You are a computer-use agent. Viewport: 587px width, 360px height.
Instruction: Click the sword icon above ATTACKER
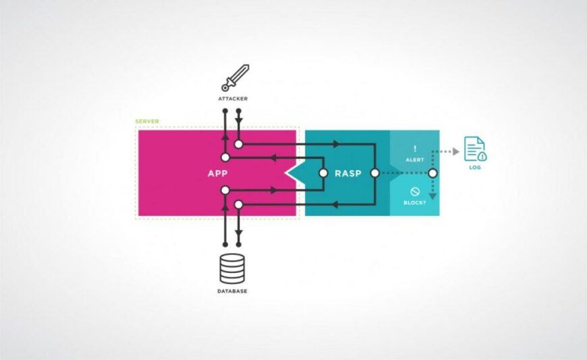coord(235,78)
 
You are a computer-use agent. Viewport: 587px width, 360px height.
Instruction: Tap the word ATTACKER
coord(232,98)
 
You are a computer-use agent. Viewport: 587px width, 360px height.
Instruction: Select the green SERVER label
coord(147,121)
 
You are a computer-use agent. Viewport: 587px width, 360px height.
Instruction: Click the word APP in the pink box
coord(217,173)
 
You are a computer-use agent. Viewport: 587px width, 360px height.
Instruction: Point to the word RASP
coord(348,173)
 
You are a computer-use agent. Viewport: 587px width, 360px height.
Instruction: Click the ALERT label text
coord(415,161)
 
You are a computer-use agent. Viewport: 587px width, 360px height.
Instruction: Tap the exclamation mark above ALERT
coord(415,148)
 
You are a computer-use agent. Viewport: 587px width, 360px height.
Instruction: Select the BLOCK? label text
coord(415,201)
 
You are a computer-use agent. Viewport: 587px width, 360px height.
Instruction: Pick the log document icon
coord(475,148)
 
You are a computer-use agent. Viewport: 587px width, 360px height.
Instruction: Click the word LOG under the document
coord(475,167)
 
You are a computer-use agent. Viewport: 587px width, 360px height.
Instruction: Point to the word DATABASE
coord(232,291)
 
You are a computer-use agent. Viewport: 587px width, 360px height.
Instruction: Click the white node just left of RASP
coord(322,173)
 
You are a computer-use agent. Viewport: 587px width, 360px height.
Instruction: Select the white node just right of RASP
coord(374,173)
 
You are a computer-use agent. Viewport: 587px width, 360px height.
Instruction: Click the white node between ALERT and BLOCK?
coord(433,173)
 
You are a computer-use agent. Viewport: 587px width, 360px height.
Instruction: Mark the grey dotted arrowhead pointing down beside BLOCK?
coord(433,196)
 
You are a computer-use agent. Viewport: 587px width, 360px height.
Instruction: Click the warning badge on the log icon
coord(482,156)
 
